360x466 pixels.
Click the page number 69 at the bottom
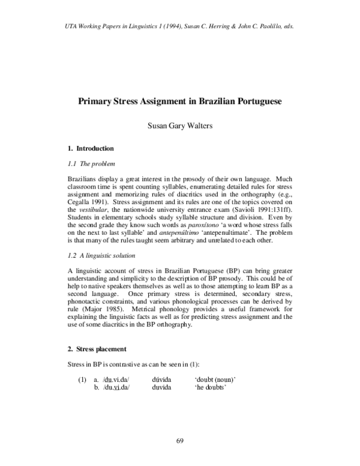tap(179, 441)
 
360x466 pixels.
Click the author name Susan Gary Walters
tap(179, 127)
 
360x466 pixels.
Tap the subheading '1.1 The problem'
tap(91, 163)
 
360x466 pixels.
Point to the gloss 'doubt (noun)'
tap(215, 380)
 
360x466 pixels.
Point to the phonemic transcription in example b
tap(116, 388)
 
